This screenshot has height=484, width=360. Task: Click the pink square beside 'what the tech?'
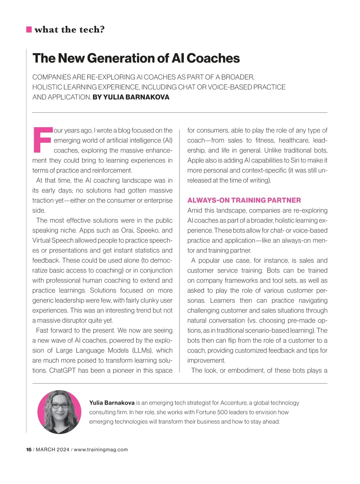pyautogui.click(x=29, y=29)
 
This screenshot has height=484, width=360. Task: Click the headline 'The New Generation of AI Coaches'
pyautogui.click(x=136, y=58)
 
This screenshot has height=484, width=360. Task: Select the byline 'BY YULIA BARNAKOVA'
pyautogui.click(x=131, y=97)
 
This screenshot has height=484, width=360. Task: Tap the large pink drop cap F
pyautogui.click(x=42, y=140)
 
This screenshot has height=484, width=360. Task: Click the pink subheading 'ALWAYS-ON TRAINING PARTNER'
pyautogui.click(x=244, y=200)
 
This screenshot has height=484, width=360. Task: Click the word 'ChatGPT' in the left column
pyautogui.click(x=62, y=370)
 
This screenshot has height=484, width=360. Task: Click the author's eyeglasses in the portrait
pyautogui.click(x=60, y=406)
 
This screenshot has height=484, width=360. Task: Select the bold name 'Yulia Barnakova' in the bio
pyautogui.click(x=112, y=403)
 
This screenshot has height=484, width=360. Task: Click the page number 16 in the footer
pyautogui.click(x=29, y=449)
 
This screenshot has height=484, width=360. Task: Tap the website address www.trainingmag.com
pyautogui.click(x=101, y=449)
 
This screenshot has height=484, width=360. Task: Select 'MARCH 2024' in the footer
pyautogui.click(x=52, y=449)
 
